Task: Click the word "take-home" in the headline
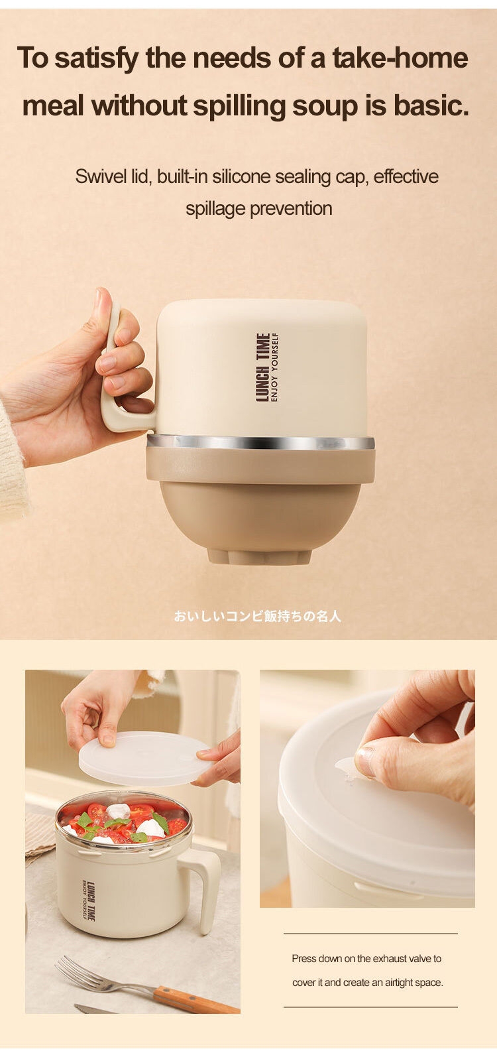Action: click(x=400, y=58)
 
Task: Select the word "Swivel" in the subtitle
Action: click(x=99, y=176)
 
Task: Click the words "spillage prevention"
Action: click(x=259, y=208)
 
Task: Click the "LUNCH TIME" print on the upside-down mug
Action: click(x=262, y=367)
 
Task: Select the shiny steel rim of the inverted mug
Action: click(x=260, y=442)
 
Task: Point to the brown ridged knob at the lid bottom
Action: click(x=259, y=556)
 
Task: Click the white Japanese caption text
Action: click(x=257, y=616)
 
